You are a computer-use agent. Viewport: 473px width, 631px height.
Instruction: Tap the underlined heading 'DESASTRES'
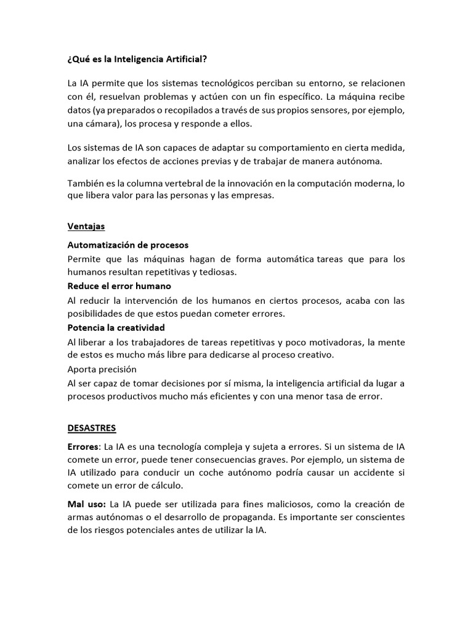[91, 428]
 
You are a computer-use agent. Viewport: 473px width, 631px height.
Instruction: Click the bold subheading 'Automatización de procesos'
[127, 245]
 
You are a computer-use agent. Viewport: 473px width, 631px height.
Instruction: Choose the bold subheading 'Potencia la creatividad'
[116, 327]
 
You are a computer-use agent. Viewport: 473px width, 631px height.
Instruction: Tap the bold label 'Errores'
[83, 446]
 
